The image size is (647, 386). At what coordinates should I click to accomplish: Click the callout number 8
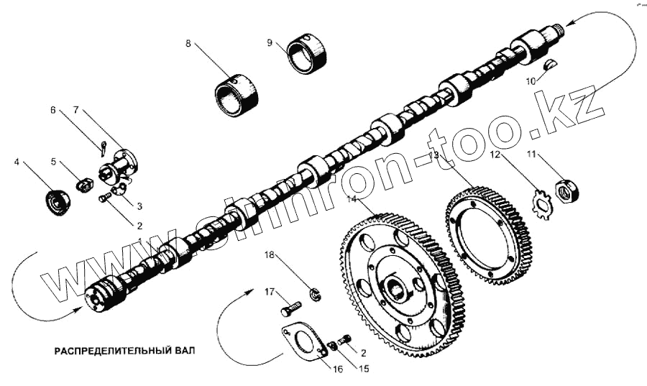(x=188, y=43)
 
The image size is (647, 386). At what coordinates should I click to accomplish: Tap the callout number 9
(x=270, y=43)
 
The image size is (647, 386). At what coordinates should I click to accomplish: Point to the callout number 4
(x=17, y=162)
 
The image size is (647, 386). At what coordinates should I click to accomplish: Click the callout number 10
(x=530, y=81)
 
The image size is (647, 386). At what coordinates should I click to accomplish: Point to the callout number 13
(x=433, y=155)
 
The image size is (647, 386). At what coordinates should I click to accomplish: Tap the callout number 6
(x=52, y=110)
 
